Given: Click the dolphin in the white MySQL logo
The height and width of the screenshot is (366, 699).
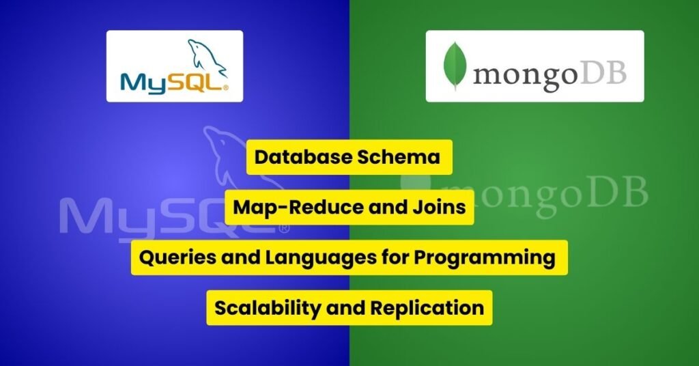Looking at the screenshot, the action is (x=206, y=59).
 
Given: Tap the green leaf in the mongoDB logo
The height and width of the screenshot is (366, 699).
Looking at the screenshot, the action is (x=455, y=66).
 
